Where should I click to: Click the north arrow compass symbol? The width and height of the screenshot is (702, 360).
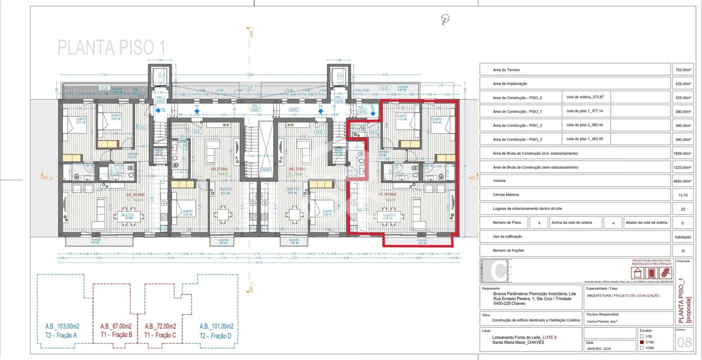click(x=445, y=19)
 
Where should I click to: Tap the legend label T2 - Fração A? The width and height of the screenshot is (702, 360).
click(x=61, y=335)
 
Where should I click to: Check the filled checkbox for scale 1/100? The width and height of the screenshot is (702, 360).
click(x=642, y=342)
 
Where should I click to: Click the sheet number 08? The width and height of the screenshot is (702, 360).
click(x=684, y=343)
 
